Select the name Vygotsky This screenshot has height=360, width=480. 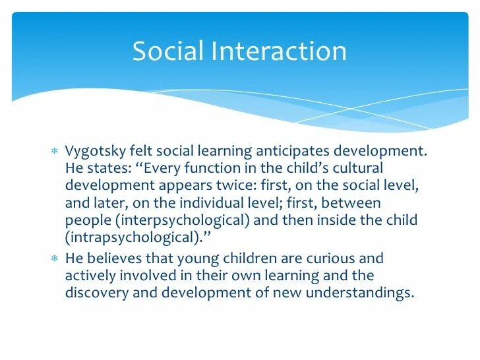pyautogui.click(x=94, y=152)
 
